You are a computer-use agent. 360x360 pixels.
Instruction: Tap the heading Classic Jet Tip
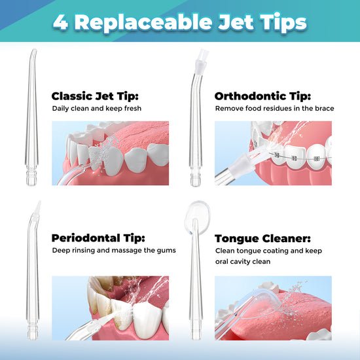click(96, 96)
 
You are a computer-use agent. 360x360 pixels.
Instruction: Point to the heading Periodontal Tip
click(98, 238)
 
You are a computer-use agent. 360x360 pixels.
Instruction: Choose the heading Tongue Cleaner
click(262, 238)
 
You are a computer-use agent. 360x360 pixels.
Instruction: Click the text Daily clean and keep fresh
click(97, 108)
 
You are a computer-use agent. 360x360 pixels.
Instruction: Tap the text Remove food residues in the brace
click(274, 108)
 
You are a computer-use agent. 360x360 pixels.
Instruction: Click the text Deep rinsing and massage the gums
click(114, 250)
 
